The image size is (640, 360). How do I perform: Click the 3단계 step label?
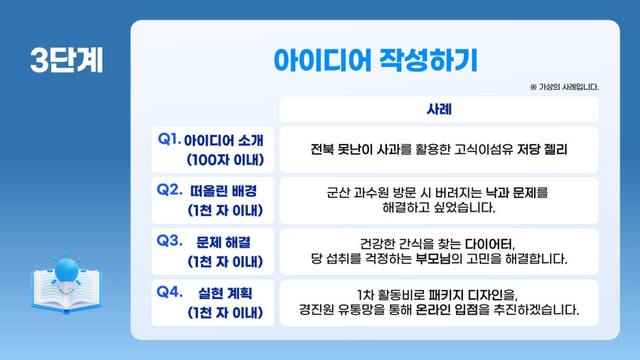[66, 60]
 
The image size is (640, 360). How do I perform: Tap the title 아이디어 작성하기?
[375, 60]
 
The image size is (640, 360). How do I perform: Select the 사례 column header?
[439, 109]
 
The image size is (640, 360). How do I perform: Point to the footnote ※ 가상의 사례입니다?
[564, 87]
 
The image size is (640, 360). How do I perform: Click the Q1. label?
[169, 139]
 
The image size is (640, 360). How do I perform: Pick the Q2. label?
[169, 189]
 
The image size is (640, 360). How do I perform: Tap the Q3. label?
[169, 240]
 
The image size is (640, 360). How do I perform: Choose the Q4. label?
[169, 291]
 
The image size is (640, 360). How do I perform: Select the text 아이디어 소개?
[224, 140]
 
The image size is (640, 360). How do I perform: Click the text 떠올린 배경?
[224, 191]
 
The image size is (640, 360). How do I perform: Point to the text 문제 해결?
[224, 242]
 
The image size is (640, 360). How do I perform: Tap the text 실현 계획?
[225, 293]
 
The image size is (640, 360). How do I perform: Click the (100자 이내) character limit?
[225, 160]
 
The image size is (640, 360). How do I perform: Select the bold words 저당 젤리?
[541, 149]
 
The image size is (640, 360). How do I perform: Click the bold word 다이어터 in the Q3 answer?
[489, 244]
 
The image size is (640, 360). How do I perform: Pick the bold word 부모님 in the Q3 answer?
[433, 259]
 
